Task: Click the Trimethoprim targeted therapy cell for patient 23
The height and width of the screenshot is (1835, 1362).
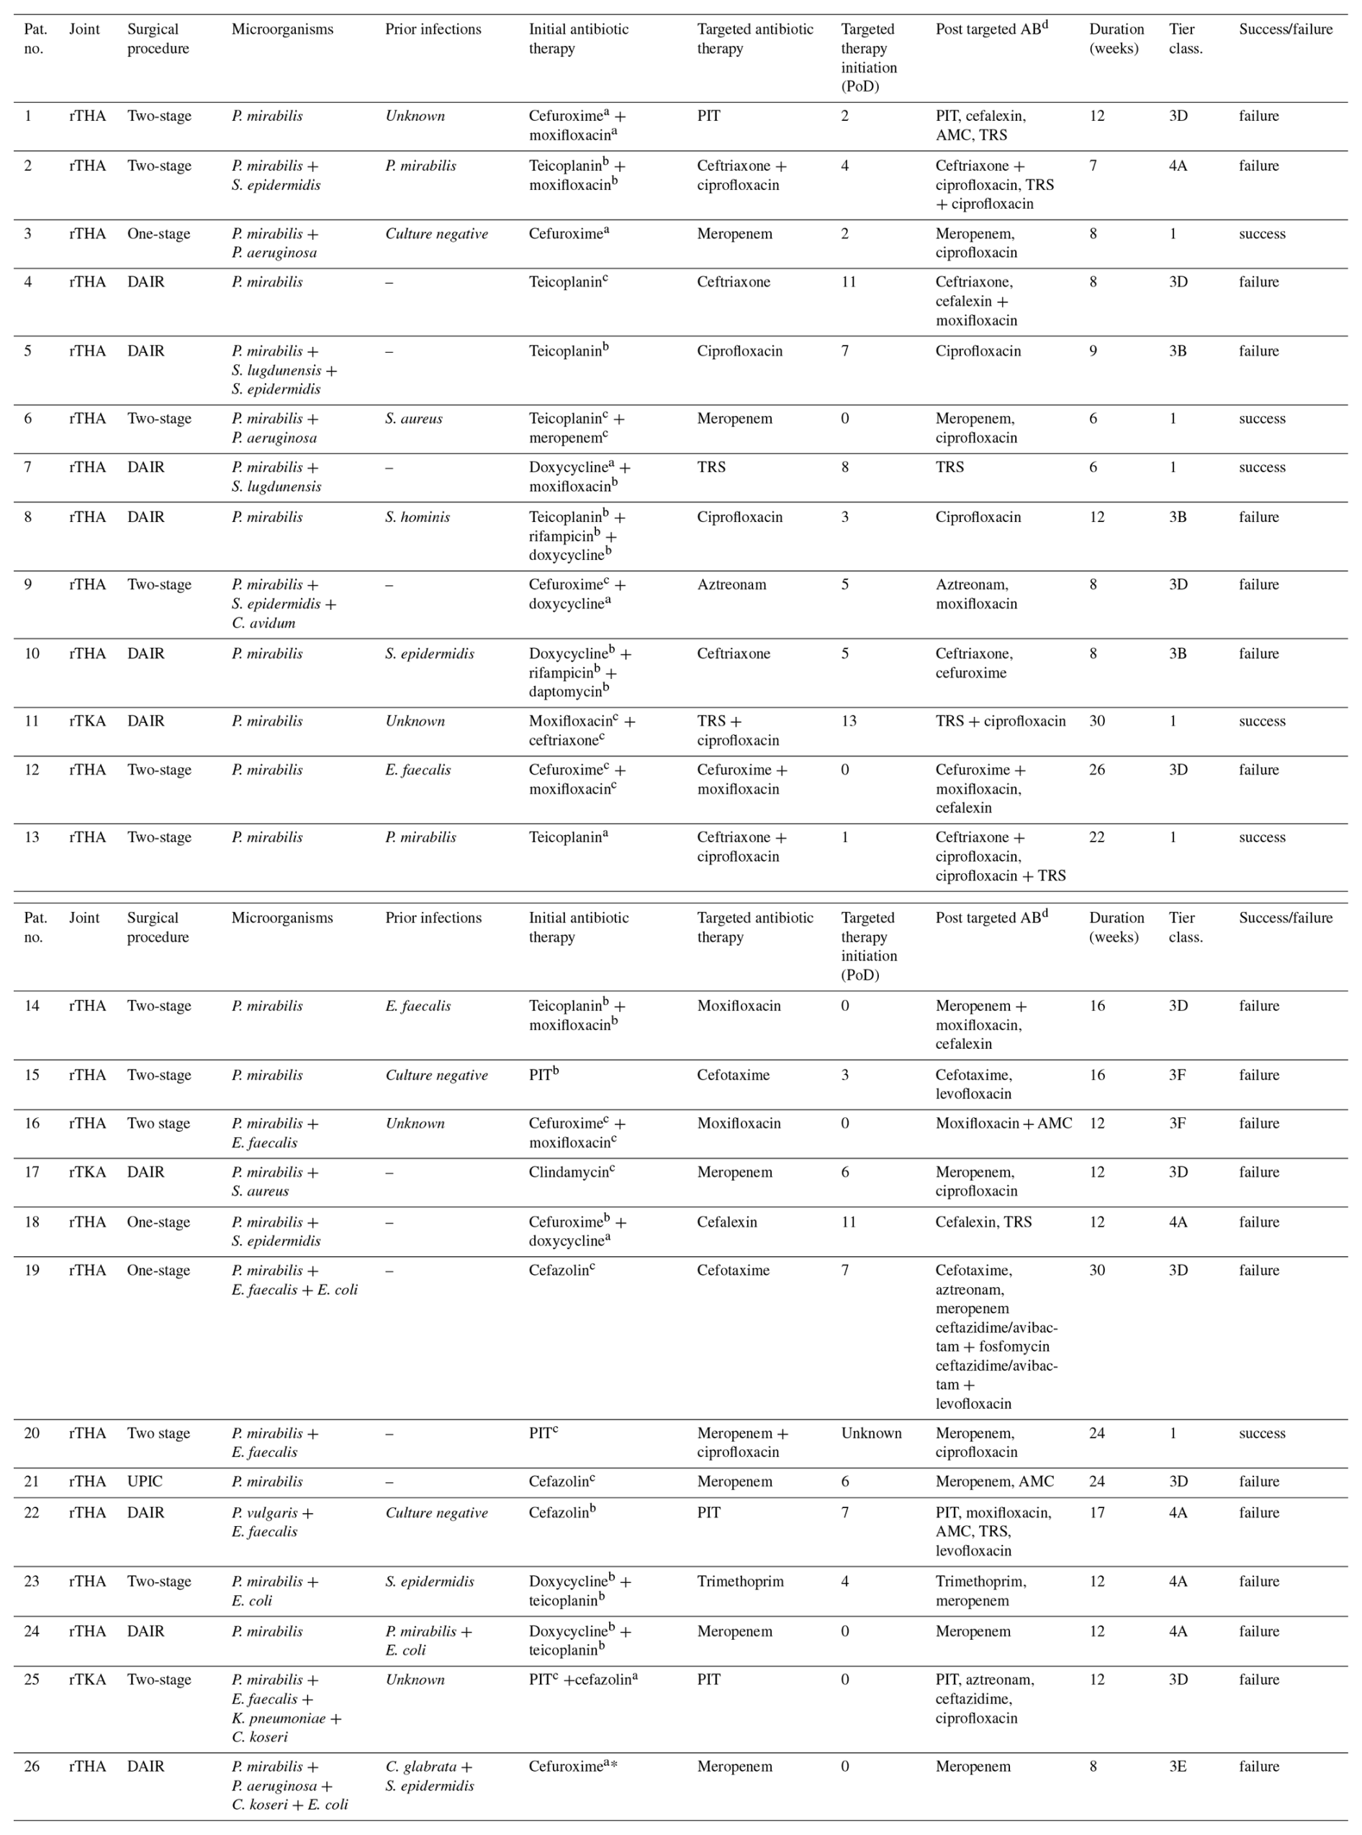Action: coord(739,1581)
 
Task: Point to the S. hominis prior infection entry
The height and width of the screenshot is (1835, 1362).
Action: coord(418,517)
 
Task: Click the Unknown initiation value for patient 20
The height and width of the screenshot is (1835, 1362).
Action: coord(870,1433)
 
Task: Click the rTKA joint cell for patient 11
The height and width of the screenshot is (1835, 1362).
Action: coord(86,721)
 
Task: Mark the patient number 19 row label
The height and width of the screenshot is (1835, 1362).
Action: coord(32,1269)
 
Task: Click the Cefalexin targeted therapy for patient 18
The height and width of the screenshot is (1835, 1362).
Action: coord(726,1222)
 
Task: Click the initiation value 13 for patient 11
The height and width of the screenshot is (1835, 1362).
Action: coord(848,721)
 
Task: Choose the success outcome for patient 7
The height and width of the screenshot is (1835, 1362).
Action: coord(1261,466)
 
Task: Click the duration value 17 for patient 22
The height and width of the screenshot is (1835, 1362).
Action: coord(1096,1512)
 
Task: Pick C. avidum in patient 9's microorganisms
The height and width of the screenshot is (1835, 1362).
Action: coord(263,623)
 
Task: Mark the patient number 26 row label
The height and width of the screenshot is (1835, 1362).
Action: coord(32,1766)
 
